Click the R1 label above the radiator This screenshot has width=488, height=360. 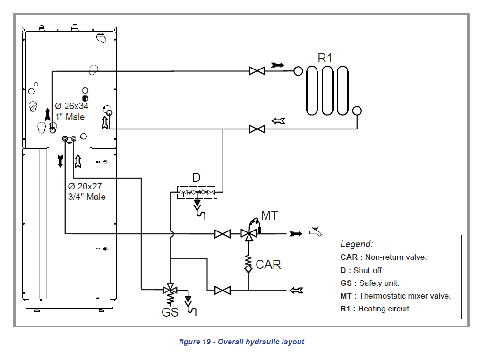pos(325,58)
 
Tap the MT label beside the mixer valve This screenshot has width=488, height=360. pos(269,215)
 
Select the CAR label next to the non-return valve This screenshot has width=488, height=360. pos(268,265)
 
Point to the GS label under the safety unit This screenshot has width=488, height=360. pos(170,312)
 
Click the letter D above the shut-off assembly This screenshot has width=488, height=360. pos(196,178)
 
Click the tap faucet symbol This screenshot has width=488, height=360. pos(315,232)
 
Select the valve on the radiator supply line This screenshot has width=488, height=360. pos(257,71)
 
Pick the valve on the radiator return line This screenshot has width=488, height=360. pos(257,129)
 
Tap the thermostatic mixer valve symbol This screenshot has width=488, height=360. pos(248,234)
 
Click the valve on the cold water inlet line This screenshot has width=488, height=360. pos(223,290)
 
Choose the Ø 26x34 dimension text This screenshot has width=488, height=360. pos(72,106)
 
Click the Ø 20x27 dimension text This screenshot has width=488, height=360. pos(85,186)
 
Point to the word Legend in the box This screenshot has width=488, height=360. pos(357,244)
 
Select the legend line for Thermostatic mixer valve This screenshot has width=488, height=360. pos(395,296)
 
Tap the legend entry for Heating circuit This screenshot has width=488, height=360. pos(376,309)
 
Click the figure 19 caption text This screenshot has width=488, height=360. pos(241,342)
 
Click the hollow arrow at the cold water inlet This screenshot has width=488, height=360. pos(296,290)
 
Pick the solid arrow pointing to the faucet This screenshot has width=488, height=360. pos(296,234)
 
